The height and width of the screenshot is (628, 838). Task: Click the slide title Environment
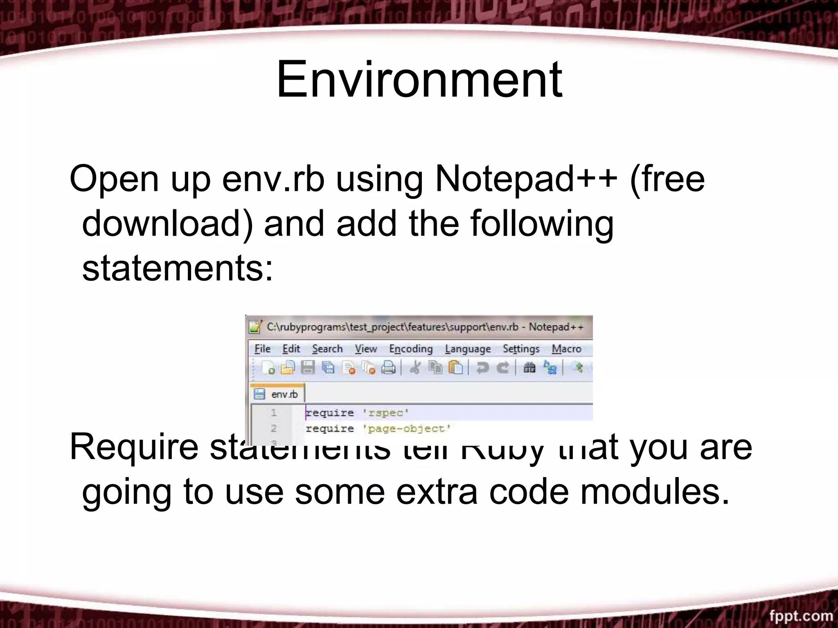click(x=419, y=79)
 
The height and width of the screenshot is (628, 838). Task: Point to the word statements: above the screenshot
click(x=178, y=269)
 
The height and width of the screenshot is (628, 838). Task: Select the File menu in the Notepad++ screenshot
click(x=262, y=349)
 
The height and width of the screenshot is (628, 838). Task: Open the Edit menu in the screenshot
click(x=291, y=349)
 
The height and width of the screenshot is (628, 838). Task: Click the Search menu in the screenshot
click(x=327, y=349)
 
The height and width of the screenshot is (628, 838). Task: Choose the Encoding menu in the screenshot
click(x=411, y=349)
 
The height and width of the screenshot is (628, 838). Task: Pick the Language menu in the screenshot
click(x=468, y=349)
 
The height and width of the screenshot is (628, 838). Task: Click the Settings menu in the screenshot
click(x=521, y=349)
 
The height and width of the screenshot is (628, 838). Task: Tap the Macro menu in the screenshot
click(x=566, y=349)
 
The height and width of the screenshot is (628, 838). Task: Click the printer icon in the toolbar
click(x=388, y=368)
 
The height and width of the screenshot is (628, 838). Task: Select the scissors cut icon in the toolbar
click(x=415, y=368)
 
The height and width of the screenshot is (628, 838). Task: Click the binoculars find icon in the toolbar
click(x=529, y=368)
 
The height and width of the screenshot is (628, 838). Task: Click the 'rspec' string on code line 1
click(x=385, y=413)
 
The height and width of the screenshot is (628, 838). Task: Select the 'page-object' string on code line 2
click(x=407, y=429)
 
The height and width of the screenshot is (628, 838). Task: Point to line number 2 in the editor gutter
click(x=274, y=428)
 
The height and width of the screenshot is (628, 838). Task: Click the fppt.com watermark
click(x=801, y=616)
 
